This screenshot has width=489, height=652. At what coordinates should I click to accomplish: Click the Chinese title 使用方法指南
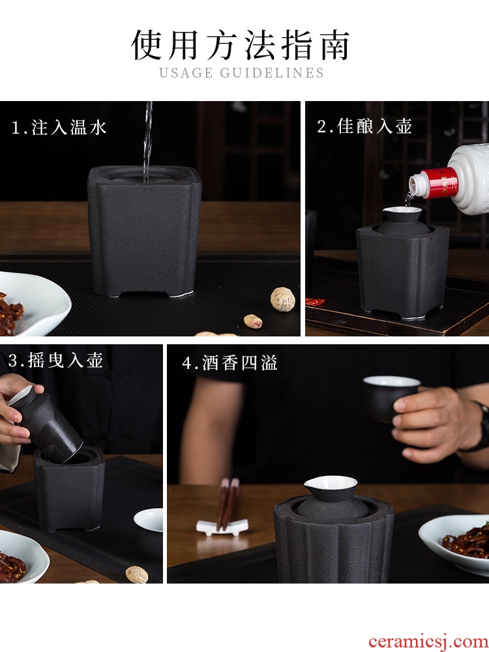[x=241, y=45]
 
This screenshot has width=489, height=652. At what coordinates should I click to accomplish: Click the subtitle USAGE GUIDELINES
[x=242, y=73]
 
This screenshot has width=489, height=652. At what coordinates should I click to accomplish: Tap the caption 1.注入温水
[x=59, y=127]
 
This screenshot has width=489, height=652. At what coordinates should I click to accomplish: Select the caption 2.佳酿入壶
[x=364, y=126]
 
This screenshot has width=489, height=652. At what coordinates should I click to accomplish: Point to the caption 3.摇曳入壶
[x=55, y=360]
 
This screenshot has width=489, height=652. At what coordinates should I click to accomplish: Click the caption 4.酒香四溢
[x=230, y=363]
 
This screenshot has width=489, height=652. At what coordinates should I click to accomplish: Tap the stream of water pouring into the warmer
[x=147, y=141]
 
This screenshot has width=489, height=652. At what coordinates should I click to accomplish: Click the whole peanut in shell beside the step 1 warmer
[x=283, y=299]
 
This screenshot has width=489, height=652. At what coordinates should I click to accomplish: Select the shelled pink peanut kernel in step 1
[x=253, y=321]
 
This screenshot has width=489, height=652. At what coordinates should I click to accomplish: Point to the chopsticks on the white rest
[x=228, y=503]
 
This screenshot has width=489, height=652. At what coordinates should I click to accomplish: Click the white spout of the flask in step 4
[x=330, y=482]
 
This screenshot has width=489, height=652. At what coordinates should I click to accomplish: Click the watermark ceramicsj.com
[x=428, y=642]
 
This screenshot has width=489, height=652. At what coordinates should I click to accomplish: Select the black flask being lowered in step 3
[x=46, y=424]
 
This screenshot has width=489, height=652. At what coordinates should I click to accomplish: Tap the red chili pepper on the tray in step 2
[x=315, y=301]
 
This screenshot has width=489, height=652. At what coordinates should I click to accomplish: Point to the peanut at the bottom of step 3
[x=137, y=574]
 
